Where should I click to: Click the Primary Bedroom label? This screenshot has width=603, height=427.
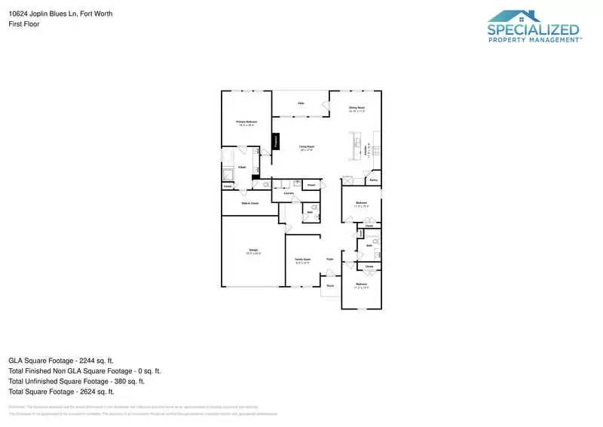[x=246, y=121]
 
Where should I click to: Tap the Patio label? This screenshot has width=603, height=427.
[x=300, y=103]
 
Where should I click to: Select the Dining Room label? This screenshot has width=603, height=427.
[x=357, y=108]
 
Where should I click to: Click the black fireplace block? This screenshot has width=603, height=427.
[x=276, y=140]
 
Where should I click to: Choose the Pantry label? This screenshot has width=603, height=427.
[x=373, y=180]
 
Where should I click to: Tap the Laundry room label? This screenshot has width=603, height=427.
[x=288, y=194]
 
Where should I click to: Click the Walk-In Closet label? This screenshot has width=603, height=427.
[x=249, y=203]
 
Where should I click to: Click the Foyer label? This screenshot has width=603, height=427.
[x=329, y=259]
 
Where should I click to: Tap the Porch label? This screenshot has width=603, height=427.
[x=329, y=286]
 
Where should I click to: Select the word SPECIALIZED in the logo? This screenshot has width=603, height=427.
[x=533, y=30]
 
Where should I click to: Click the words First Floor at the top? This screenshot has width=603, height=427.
[x=24, y=24]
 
